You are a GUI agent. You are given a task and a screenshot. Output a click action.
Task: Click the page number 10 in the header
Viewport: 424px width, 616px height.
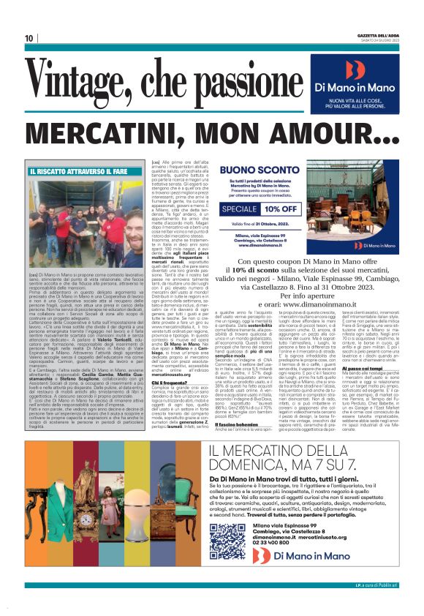point(29,37)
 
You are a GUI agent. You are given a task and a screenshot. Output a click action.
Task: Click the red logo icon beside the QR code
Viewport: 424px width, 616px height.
point(262,577)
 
